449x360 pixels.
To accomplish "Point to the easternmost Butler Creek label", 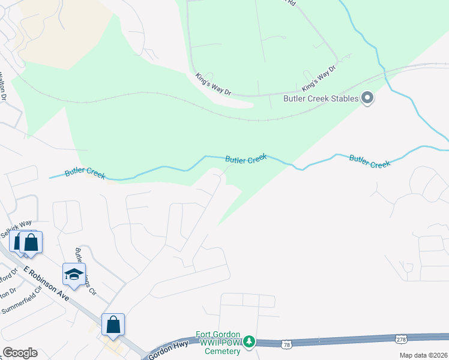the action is tap(369, 161).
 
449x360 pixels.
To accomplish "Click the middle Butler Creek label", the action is tap(246, 159).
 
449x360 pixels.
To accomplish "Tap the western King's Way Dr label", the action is tap(213, 84).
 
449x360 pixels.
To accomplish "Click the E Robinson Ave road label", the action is tap(47, 284).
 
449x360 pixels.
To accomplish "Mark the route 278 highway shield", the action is tap(401, 340).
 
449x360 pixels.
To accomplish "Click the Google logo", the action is tap(20, 353).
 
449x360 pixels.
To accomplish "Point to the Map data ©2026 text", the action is tap(423, 355).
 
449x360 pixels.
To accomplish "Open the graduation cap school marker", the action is tap(74, 274).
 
